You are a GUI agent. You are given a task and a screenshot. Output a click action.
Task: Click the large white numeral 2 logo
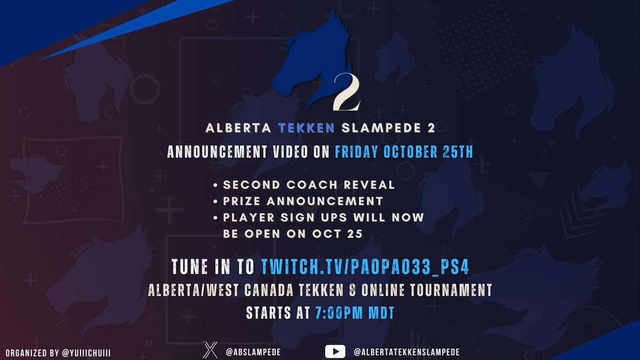[x=346, y=91]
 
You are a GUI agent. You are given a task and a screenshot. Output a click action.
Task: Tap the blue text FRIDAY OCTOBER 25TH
[x=404, y=152]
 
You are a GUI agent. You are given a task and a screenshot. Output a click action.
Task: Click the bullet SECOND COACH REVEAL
[x=309, y=185]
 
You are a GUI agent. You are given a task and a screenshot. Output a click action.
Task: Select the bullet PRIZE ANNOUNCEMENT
[x=303, y=201]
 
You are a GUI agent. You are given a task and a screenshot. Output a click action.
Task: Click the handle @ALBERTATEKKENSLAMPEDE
[x=406, y=352]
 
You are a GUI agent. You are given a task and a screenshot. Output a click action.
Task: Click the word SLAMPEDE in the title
[x=382, y=129]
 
